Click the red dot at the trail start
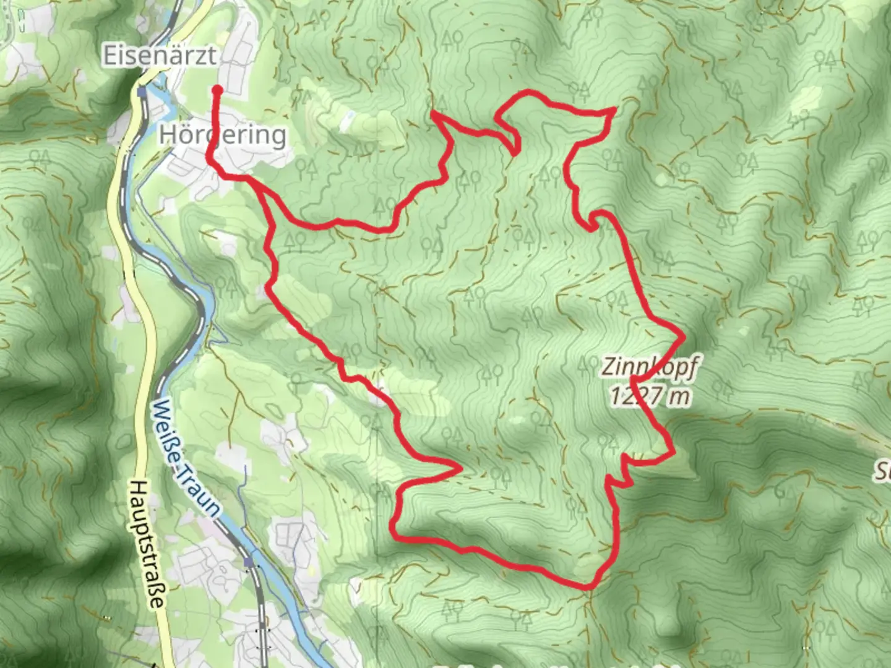[x=217, y=90]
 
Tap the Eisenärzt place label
[x=160, y=56]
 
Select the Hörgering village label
[x=223, y=134]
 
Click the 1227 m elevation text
[x=650, y=395]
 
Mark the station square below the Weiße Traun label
[x=249, y=562]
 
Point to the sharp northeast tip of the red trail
[x=613, y=109]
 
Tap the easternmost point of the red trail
[x=683, y=337]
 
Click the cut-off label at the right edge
[x=883, y=473]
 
